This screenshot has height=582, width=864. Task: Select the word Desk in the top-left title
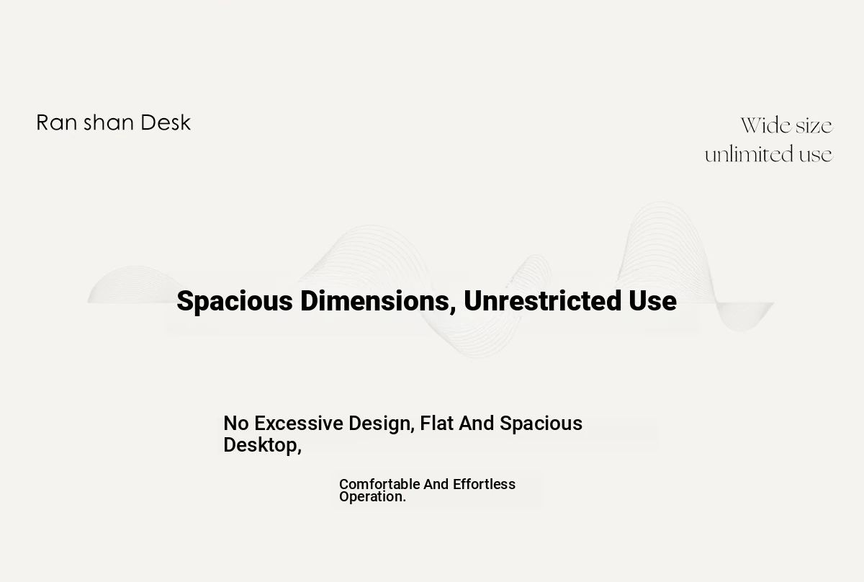(166, 122)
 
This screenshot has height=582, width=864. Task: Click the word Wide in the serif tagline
(765, 125)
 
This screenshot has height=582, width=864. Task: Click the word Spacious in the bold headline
(235, 301)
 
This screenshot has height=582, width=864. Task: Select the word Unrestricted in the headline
(542, 300)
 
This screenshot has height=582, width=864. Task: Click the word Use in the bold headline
(652, 300)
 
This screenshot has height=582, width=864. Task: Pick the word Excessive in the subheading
(299, 423)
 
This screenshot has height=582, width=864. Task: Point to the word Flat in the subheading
(436, 423)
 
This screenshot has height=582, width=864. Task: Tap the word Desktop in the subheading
(262, 445)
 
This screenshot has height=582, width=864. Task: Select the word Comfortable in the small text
(379, 484)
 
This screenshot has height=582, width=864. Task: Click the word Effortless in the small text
(484, 484)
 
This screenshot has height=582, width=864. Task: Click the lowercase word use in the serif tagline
(816, 155)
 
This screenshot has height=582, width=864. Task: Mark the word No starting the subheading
(236, 423)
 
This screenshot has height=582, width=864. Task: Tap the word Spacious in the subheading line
(541, 424)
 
